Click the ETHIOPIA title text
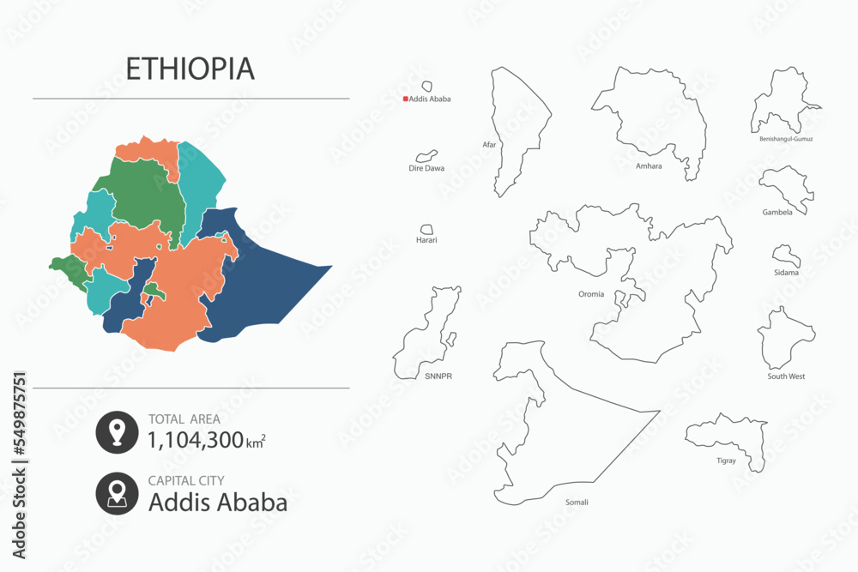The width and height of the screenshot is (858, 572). click(190, 69)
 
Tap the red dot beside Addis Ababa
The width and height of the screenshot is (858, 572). click(406, 99)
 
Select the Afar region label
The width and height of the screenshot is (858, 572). click(489, 145)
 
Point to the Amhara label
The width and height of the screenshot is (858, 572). click(649, 166)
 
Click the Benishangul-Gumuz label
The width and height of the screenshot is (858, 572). click(786, 138)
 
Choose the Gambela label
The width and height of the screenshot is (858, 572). click(777, 212)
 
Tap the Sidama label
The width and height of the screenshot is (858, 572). click(786, 273)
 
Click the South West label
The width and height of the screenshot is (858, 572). click(786, 376)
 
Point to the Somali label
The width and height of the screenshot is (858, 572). click(577, 502)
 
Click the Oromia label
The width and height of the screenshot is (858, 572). click(591, 294)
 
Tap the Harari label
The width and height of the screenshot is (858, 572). click(426, 240)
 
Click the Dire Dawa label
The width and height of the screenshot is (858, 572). click(426, 168)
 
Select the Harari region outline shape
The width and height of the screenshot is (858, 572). click(426, 229)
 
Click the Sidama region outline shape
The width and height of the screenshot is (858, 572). click(786, 256)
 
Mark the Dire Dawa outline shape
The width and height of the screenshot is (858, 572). click(423, 157)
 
